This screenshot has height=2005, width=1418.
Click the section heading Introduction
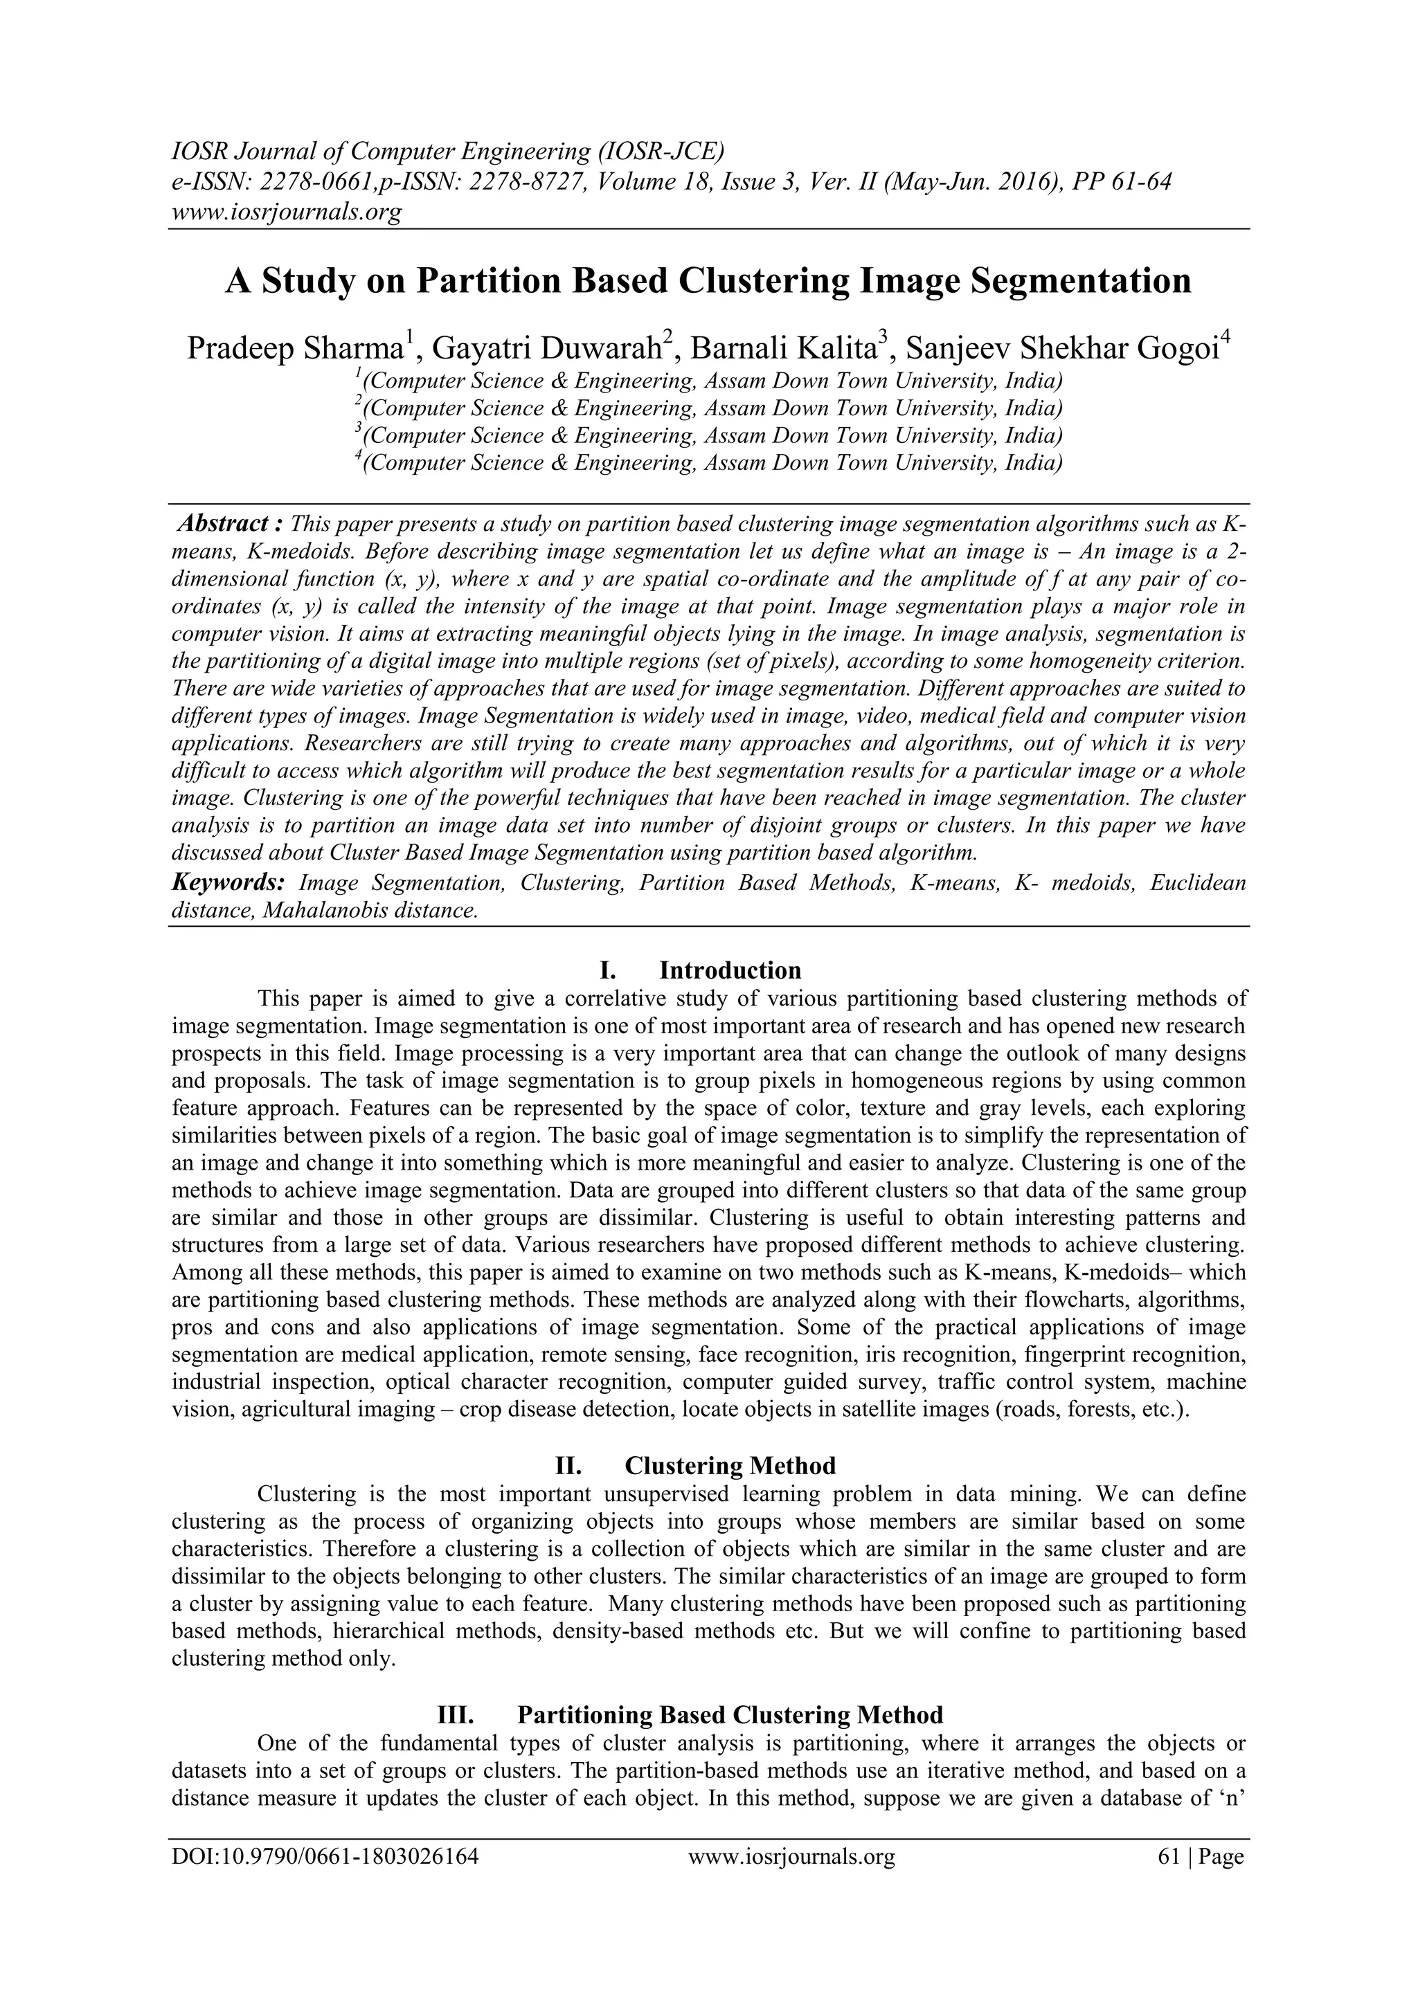point(730,970)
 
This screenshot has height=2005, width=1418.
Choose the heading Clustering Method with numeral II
point(730,1464)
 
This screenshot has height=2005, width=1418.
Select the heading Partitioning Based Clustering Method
point(730,1715)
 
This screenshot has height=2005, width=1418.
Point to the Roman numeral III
point(454,1715)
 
